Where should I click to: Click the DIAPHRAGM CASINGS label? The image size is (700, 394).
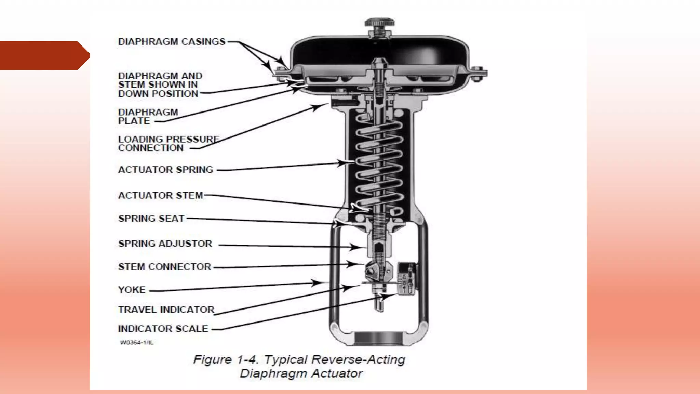pyautogui.click(x=172, y=42)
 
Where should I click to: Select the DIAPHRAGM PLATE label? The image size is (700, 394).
pyautogui.click(x=148, y=117)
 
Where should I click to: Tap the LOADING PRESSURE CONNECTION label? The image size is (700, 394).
pyautogui.click(x=169, y=144)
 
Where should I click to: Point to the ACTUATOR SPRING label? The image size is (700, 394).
pyautogui.click(x=165, y=170)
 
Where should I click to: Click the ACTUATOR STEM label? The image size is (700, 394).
pyautogui.click(x=160, y=195)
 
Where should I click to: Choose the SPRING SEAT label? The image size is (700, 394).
pyautogui.click(x=151, y=219)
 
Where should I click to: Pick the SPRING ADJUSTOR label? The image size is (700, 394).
pyautogui.click(x=165, y=244)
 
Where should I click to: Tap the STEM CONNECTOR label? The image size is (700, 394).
pyautogui.click(x=164, y=267)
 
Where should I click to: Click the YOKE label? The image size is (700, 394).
pyautogui.click(x=132, y=290)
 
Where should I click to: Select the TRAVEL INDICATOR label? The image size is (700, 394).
pyautogui.click(x=166, y=310)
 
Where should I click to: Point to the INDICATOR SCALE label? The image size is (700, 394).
pyautogui.click(x=163, y=329)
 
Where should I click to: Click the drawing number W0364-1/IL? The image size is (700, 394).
pyautogui.click(x=137, y=343)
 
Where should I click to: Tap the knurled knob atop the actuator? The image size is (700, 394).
pyautogui.click(x=379, y=23)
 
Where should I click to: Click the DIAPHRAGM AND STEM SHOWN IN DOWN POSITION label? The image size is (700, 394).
pyautogui.click(x=160, y=85)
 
